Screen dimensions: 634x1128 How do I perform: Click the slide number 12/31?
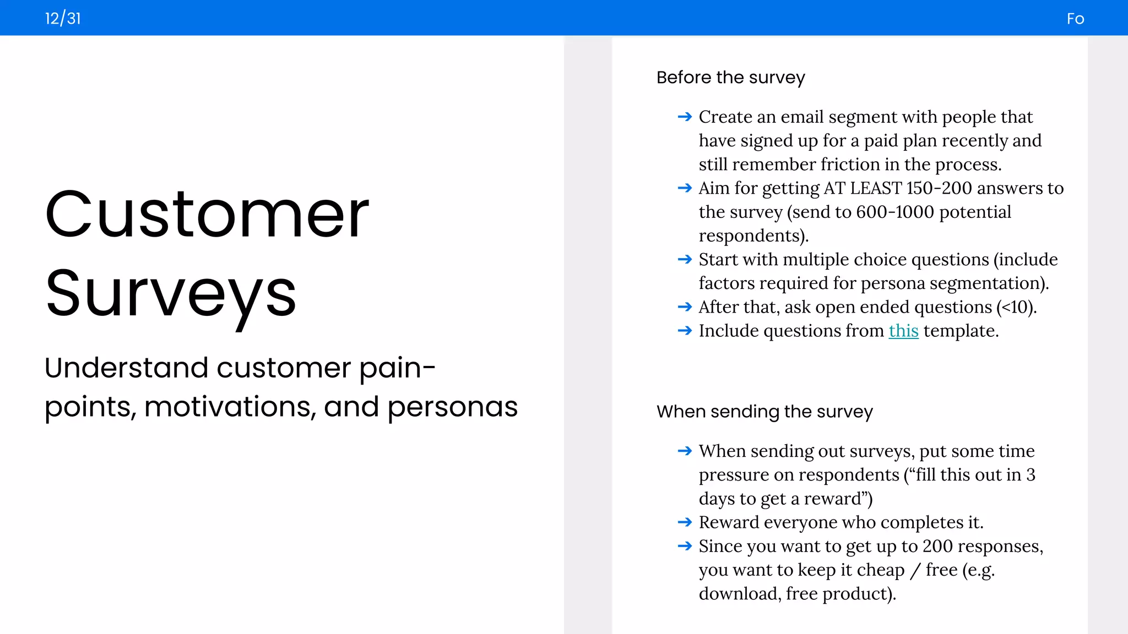[x=63, y=19]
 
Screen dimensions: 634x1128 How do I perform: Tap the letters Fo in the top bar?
[x=1075, y=19]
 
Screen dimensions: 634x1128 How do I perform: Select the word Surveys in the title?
[x=171, y=294]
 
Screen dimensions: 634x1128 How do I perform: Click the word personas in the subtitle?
[x=452, y=407]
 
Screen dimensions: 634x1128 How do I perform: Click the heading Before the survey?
[x=730, y=78]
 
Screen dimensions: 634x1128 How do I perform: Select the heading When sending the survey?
[x=764, y=412]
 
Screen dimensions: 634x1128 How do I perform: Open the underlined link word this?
[x=903, y=331]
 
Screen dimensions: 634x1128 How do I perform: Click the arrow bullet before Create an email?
[x=685, y=117]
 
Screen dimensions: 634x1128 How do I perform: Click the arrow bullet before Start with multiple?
[x=685, y=259]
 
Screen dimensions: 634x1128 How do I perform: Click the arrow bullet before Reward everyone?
[x=685, y=522]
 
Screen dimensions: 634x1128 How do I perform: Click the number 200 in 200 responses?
[x=937, y=546]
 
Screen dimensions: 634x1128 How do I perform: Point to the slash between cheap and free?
[x=915, y=571]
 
